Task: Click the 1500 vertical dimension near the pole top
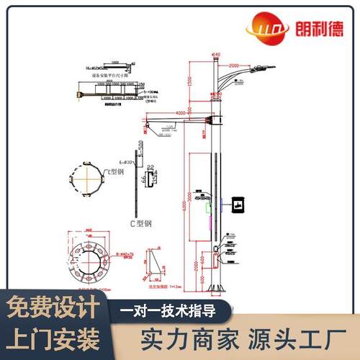190,85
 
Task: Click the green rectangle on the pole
209,208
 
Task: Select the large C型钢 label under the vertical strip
140,223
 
